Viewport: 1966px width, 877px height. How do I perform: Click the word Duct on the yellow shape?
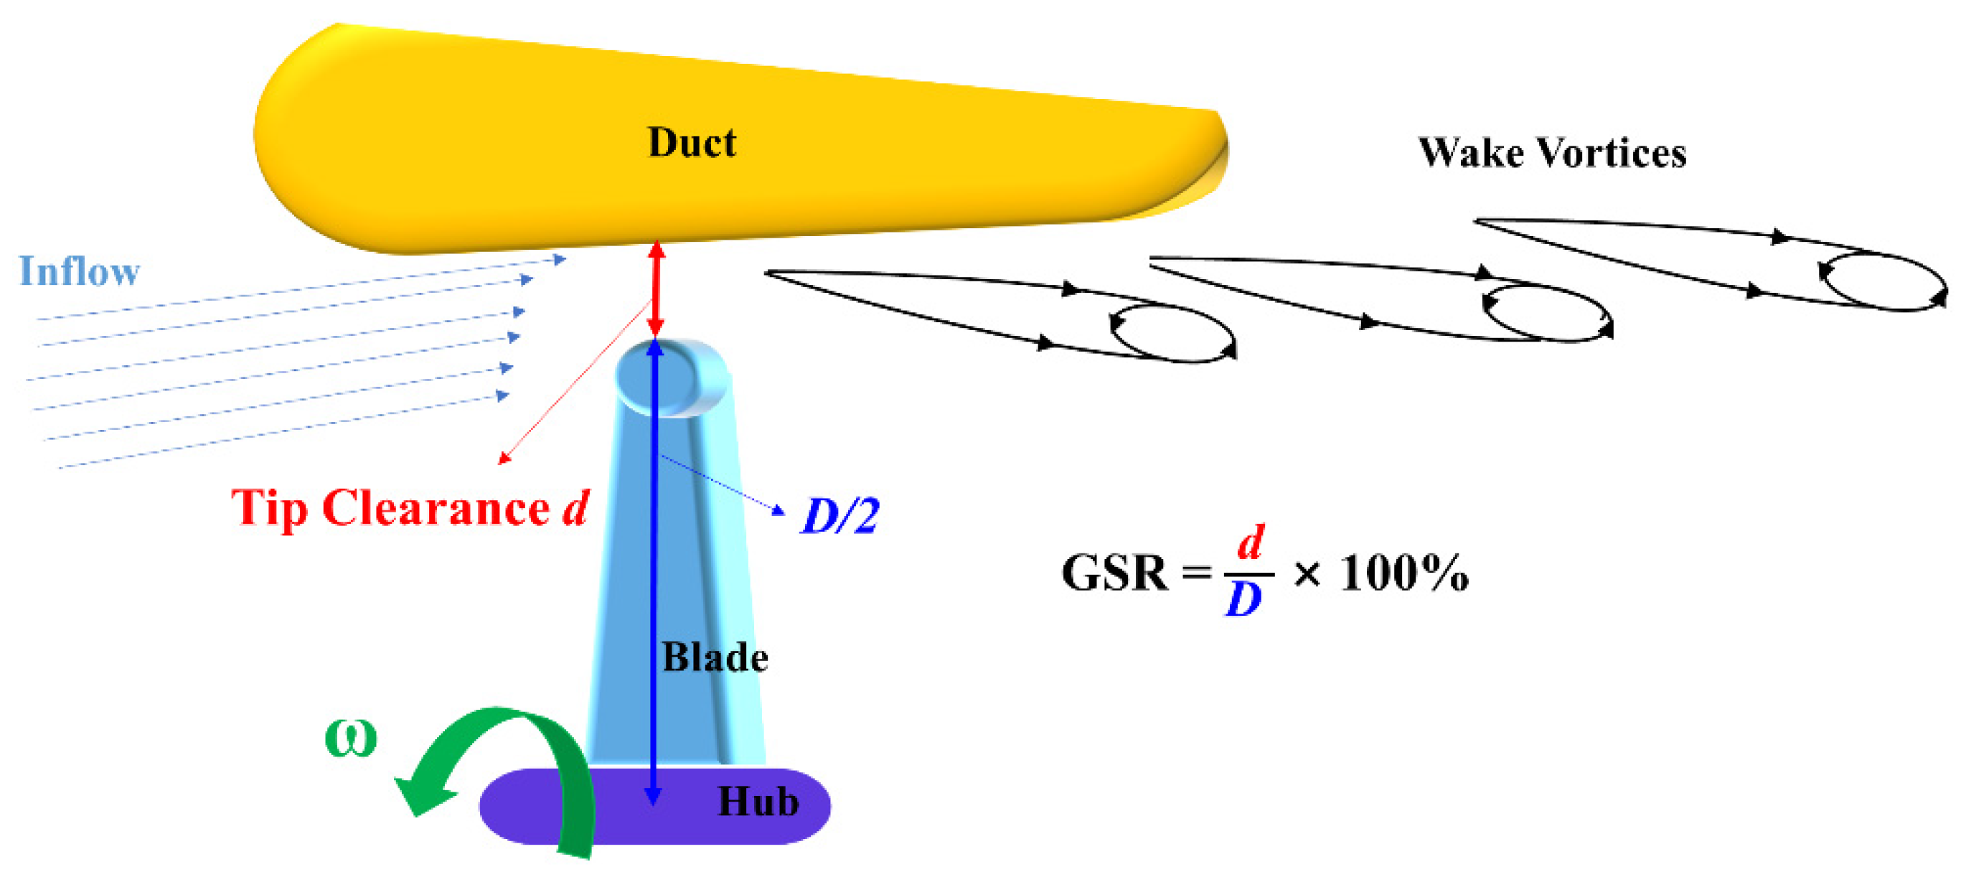click(692, 143)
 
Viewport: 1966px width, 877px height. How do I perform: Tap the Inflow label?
click(80, 272)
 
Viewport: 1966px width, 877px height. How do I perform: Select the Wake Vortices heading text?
click(1551, 153)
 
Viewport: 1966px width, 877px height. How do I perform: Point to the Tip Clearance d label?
click(410, 508)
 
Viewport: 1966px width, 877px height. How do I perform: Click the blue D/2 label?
click(840, 516)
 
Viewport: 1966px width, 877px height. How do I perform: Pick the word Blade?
click(715, 657)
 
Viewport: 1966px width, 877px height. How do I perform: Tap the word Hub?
click(758, 802)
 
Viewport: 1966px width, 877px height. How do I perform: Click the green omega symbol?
click(350, 738)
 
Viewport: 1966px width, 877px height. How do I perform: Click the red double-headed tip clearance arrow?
click(656, 289)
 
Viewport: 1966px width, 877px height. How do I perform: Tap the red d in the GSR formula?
click(1250, 543)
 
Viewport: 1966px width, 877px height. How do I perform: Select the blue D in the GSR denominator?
click(1244, 600)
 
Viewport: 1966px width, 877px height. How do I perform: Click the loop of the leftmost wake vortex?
click(1172, 332)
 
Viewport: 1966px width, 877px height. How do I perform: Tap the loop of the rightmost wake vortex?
click(1882, 281)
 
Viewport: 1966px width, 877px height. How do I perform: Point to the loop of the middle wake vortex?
click(1546, 311)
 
